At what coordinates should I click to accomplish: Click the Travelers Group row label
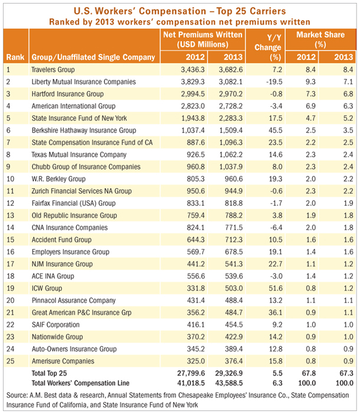click(x=53, y=70)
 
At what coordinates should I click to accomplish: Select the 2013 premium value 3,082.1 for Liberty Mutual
click(x=231, y=81)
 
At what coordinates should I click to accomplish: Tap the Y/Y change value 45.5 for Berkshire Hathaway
click(x=276, y=130)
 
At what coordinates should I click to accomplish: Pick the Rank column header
click(x=15, y=57)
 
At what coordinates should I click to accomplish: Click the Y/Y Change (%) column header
click(x=268, y=47)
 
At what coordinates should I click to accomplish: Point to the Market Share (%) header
click(x=320, y=40)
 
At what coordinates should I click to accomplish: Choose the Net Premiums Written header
click(x=202, y=40)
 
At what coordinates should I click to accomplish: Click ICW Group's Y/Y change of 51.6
click(x=276, y=288)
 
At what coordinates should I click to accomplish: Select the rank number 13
click(x=10, y=215)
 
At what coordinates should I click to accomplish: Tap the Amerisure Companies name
click(x=63, y=361)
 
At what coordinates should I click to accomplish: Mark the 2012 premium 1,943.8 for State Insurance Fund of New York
click(x=193, y=118)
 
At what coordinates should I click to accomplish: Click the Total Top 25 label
click(x=49, y=373)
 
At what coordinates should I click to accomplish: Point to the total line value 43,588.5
click(x=229, y=383)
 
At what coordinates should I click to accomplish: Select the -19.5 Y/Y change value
click(x=274, y=81)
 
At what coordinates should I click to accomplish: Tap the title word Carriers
click(x=268, y=11)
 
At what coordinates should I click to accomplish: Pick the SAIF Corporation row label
click(x=55, y=324)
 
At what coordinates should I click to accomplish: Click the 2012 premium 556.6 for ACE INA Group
click(x=196, y=276)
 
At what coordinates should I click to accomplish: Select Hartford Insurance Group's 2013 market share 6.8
click(x=348, y=94)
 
